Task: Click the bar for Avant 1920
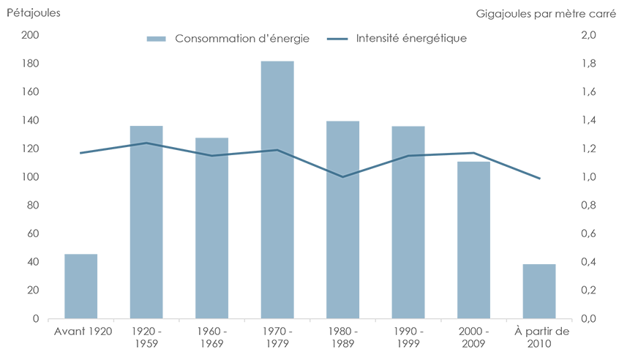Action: pyautogui.click(x=80, y=286)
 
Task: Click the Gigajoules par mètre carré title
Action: pyautogui.click(x=546, y=13)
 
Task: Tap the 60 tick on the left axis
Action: pyautogui.click(x=31, y=234)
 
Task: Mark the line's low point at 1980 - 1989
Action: pyautogui.click(x=342, y=176)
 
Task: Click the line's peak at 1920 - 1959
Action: pyautogui.click(x=146, y=143)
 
